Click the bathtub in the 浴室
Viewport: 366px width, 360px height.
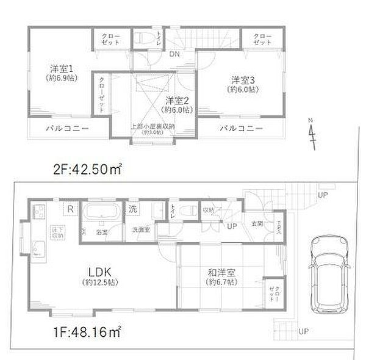coord(100,214)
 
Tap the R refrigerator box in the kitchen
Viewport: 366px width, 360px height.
coord(71,209)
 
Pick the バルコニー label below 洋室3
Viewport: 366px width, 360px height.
coord(242,129)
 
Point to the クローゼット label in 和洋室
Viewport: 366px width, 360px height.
coord(272,295)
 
